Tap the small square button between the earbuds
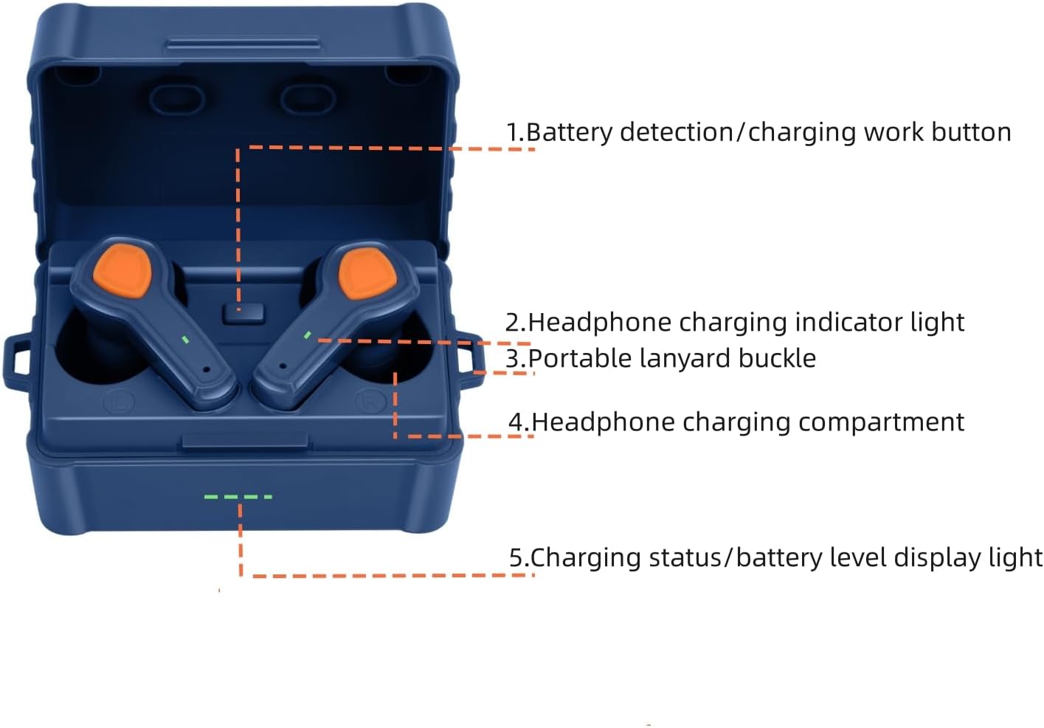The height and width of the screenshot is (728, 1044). point(243,312)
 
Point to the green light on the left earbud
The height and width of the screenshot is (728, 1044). point(186,340)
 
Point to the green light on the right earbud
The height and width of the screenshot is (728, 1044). point(308,335)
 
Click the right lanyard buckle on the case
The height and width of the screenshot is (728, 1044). point(464,358)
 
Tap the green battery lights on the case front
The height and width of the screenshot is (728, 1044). point(238,497)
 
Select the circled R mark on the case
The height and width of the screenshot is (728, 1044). point(367,402)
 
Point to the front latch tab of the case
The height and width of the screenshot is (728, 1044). point(244,441)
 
